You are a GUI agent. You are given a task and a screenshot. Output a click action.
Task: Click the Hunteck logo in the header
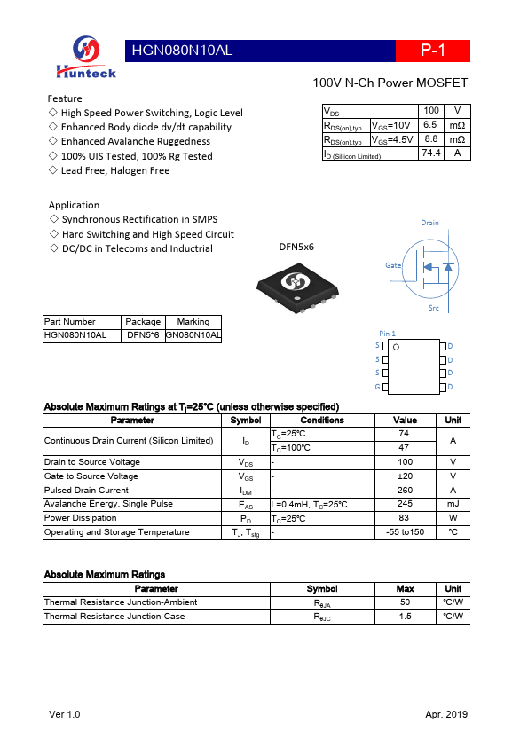pos(86,59)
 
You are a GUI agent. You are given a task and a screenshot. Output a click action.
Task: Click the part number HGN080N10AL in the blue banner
pos(182,51)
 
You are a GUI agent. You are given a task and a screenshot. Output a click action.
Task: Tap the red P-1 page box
pos(432,51)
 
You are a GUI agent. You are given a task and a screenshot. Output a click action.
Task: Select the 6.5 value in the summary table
pos(430,125)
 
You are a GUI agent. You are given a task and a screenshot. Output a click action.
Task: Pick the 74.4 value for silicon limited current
pos(430,153)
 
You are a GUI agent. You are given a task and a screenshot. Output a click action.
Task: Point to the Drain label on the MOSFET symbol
pos(429,223)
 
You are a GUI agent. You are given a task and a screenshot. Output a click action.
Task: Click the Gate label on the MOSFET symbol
pos(393,265)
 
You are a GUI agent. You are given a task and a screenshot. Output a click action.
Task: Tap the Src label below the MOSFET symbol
pos(433,308)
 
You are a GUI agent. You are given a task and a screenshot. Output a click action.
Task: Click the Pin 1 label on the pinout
pos(388,334)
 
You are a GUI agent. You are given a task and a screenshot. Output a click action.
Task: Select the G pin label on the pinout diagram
pos(377,387)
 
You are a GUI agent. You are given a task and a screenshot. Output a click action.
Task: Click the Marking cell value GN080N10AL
pos(193,336)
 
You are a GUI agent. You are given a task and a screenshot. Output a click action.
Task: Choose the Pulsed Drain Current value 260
pos(405,490)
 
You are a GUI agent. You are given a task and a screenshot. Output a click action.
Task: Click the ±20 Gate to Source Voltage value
pos(405,476)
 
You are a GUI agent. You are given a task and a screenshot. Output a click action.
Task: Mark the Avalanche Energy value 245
pos(405,504)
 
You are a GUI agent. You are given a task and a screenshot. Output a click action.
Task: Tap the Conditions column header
pos(321,420)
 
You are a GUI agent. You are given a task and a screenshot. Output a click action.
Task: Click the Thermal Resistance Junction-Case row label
pos(114,617)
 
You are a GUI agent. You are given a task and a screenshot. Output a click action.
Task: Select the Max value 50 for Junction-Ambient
pos(405,602)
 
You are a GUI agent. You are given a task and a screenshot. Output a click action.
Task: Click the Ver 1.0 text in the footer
pos(64,714)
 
